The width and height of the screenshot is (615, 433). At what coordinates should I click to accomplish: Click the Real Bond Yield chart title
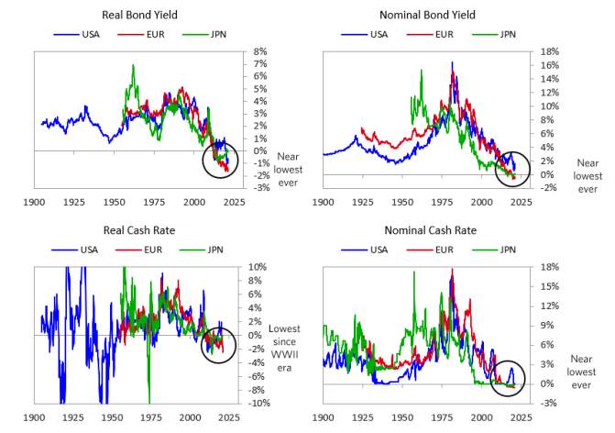[139, 15]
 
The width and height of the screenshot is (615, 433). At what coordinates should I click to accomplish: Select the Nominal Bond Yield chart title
[427, 15]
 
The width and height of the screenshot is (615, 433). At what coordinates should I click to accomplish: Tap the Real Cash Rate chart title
[139, 230]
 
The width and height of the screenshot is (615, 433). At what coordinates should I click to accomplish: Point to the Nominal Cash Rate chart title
[430, 230]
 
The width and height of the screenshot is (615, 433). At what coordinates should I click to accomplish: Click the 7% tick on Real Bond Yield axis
[260, 63]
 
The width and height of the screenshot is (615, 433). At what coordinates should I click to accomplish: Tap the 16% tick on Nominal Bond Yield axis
[549, 65]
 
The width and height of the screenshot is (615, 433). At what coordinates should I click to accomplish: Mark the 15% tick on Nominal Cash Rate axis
[549, 286]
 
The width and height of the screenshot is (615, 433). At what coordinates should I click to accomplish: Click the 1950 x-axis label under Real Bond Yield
[115, 202]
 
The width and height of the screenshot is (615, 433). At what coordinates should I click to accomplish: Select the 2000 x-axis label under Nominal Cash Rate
[482, 417]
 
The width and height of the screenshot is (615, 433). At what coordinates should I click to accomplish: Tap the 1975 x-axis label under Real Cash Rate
[151, 417]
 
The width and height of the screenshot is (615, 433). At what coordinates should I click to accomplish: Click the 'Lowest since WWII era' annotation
[284, 349]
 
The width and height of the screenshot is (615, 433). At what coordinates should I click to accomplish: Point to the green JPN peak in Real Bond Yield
[133, 65]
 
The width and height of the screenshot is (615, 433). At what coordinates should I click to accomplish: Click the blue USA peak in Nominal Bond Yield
[452, 61]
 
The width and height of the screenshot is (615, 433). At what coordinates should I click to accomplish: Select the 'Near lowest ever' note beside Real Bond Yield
[289, 170]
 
